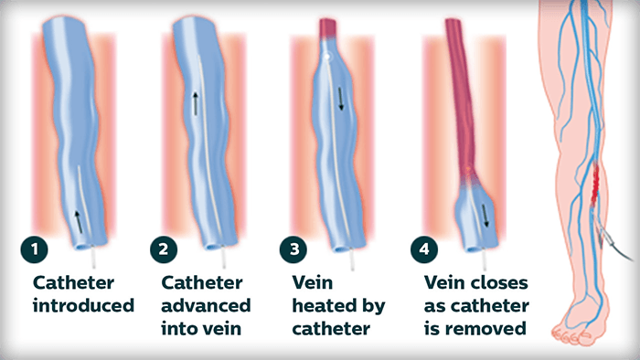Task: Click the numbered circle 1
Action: tap(35, 249)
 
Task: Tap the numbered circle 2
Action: tap(164, 249)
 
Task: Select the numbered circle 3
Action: tap(293, 249)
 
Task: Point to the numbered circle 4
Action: tap(424, 249)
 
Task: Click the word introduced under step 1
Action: tap(84, 305)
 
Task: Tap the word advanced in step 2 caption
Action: tap(206, 305)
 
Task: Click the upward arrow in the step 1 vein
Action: tap(78, 222)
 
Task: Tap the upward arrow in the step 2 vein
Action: tap(196, 103)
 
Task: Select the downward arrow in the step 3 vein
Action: tap(341, 99)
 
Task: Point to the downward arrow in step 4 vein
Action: tap(485, 216)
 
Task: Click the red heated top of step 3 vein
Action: tap(327, 27)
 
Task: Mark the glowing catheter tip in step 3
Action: tap(326, 56)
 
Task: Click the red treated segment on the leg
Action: tap(595, 183)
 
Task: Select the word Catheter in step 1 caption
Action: tap(73, 282)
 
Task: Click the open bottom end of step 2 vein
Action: tap(213, 247)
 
